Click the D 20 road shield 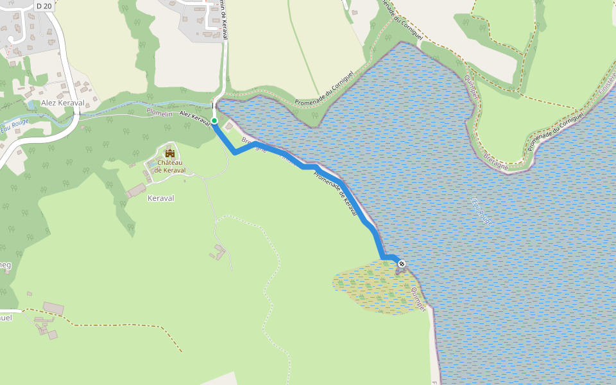click(x=44, y=6)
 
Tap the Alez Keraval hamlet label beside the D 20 click(x=63, y=103)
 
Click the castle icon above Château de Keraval click(x=170, y=153)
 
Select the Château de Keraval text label click(x=170, y=167)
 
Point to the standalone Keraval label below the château click(x=161, y=198)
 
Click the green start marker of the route click(x=214, y=121)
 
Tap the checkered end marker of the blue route click(x=402, y=264)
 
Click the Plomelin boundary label click(x=158, y=113)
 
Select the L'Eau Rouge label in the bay click(x=481, y=209)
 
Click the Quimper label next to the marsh click(x=418, y=299)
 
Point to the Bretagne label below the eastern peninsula click(x=496, y=161)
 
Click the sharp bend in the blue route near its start click(x=234, y=153)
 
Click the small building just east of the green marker click(x=229, y=127)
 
